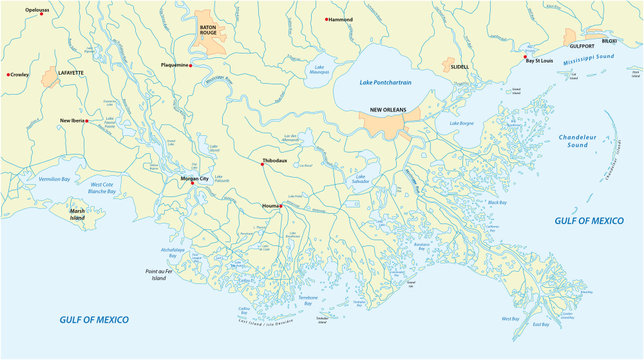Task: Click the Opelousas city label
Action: (36, 9)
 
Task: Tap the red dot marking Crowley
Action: (8, 74)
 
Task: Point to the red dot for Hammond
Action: (326, 19)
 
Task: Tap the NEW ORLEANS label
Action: (388, 109)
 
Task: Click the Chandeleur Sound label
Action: (588, 139)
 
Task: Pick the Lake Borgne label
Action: (461, 123)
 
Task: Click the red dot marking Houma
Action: (283, 206)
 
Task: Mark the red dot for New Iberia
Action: (87, 121)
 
